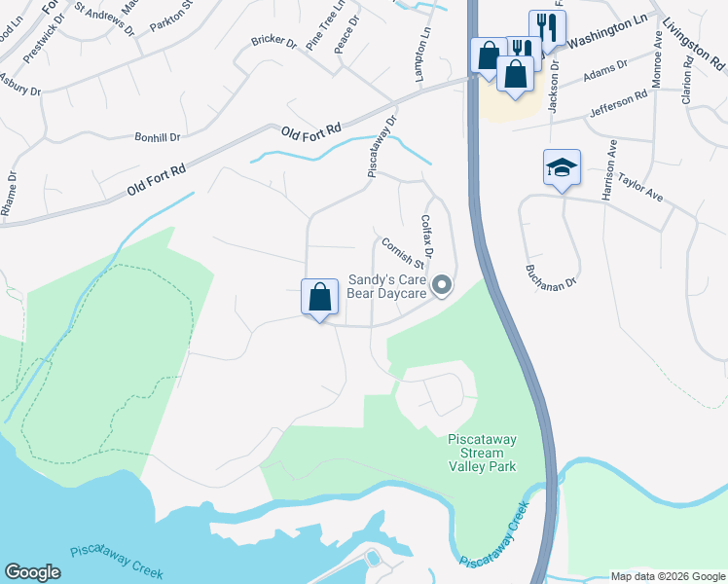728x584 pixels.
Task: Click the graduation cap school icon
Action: (563, 167)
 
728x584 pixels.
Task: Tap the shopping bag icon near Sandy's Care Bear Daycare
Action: (320, 298)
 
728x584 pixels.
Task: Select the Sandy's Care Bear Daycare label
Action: (388, 285)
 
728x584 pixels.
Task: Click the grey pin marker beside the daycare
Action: (443, 285)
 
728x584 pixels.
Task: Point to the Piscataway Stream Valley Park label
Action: (482, 454)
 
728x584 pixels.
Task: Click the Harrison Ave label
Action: (610, 171)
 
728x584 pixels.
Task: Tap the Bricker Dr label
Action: (273, 42)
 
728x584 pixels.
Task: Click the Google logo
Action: (33, 572)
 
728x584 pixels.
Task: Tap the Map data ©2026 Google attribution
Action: (668, 576)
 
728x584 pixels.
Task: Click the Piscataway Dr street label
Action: (382, 147)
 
